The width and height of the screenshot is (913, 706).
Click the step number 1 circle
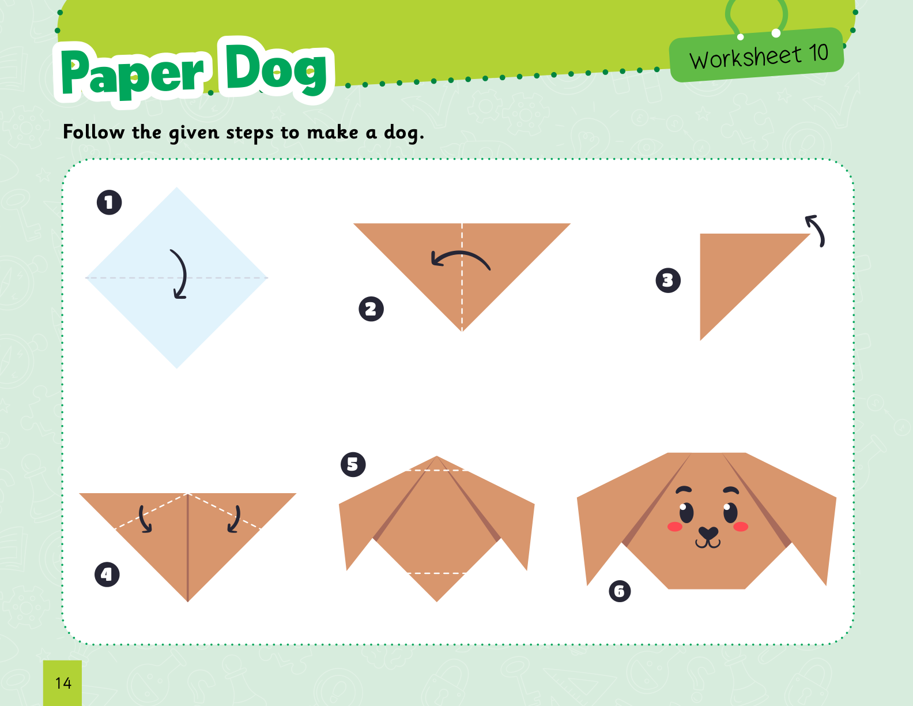tap(110, 202)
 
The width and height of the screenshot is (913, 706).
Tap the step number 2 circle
tap(371, 309)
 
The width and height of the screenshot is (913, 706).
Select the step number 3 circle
tap(668, 280)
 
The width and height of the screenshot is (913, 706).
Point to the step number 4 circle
tap(107, 574)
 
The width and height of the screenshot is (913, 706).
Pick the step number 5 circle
tap(353, 465)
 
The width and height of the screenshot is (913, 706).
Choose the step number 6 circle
tap(620, 591)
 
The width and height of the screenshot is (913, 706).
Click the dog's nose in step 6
tap(708, 533)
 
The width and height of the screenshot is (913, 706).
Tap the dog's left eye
tap(686, 513)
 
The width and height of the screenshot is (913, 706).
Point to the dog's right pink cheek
tap(741, 527)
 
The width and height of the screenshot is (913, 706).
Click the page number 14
tap(63, 684)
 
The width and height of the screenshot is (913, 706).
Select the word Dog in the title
tap(276, 67)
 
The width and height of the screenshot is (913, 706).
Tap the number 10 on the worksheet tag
tap(818, 53)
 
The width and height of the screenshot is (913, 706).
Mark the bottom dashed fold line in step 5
tap(436, 573)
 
